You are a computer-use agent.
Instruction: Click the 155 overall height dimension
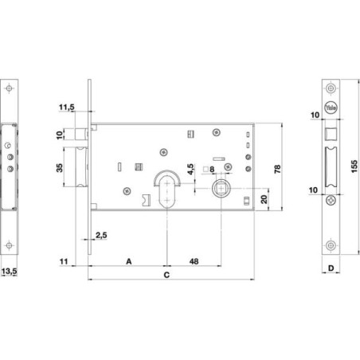pyautogui.click(x=354, y=166)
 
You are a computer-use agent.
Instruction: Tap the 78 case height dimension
pyautogui.click(x=277, y=169)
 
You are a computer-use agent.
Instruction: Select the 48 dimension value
pyautogui.click(x=194, y=261)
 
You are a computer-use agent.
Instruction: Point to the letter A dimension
pyautogui.click(x=129, y=261)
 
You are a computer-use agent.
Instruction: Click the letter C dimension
pyautogui.click(x=166, y=275)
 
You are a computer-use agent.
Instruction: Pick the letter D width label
pyautogui.click(x=331, y=268)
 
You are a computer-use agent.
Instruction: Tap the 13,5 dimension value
pyautogui.click(x=9, y=272)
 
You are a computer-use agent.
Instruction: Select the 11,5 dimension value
pyautogui.click(x=67, y=108)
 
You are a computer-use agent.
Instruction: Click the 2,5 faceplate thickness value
pyautogui.click(x=101, y=235)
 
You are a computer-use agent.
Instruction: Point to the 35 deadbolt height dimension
pyautogui.click(x=60, y=168)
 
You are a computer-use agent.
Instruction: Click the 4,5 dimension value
pyautogui.click(x=190, y=170)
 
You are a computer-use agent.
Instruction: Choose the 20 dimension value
pyautogui.click(x=264, y=199)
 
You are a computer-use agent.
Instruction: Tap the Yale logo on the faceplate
pyautogui.click(x=331, y=108)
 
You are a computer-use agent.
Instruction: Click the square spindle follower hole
pyautogui.click(x=221, y=188)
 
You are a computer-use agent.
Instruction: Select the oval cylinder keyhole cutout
pyautogui.click(x=167, y=191)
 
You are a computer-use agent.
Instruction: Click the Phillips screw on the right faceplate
pyautogui.click(x=331, y=200)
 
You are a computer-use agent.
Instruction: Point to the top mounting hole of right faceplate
pyautogui.click(x=331, y=88)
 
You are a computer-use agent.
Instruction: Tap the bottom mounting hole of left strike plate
pyautogui.click(x=9, y=245)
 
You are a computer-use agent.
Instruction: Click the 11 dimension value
pyautogui.click(x=64, y=262)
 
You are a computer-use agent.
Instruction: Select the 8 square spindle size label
pyautogui.click(x=212, y=169)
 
